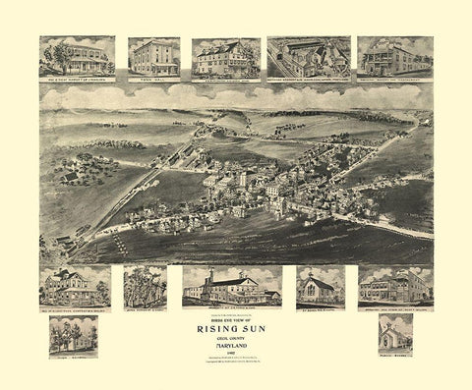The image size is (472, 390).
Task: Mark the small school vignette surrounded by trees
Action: [73, 334]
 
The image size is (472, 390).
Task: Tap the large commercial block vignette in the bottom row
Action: [394, 285]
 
